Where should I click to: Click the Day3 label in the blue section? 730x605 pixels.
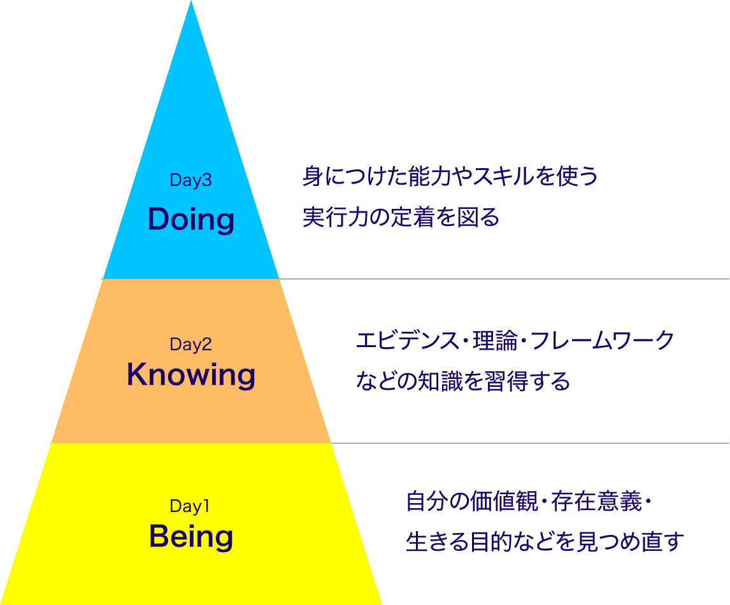tap(190, 181)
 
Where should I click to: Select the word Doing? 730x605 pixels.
tap(191, 220)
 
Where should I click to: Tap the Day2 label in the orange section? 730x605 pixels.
tap(190, 345)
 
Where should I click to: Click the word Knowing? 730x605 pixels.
tap(191, 374)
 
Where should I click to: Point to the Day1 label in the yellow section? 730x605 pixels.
tap(190, 507)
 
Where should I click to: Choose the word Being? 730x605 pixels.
tap(191, 537)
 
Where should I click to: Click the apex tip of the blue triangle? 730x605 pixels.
tap(191, 4)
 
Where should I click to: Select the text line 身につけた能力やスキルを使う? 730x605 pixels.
tap(450, 176)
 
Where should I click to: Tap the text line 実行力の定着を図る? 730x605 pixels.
tap(401, 218)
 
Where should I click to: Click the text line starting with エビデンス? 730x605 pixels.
tap(515, 341)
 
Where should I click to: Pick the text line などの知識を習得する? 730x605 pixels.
tap(462, 381)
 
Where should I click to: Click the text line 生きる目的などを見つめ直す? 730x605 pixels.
tap(545, 542)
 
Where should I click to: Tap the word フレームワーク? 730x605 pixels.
tap(602, 341)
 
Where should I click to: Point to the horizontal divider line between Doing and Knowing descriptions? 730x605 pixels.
tap(510, 279)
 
